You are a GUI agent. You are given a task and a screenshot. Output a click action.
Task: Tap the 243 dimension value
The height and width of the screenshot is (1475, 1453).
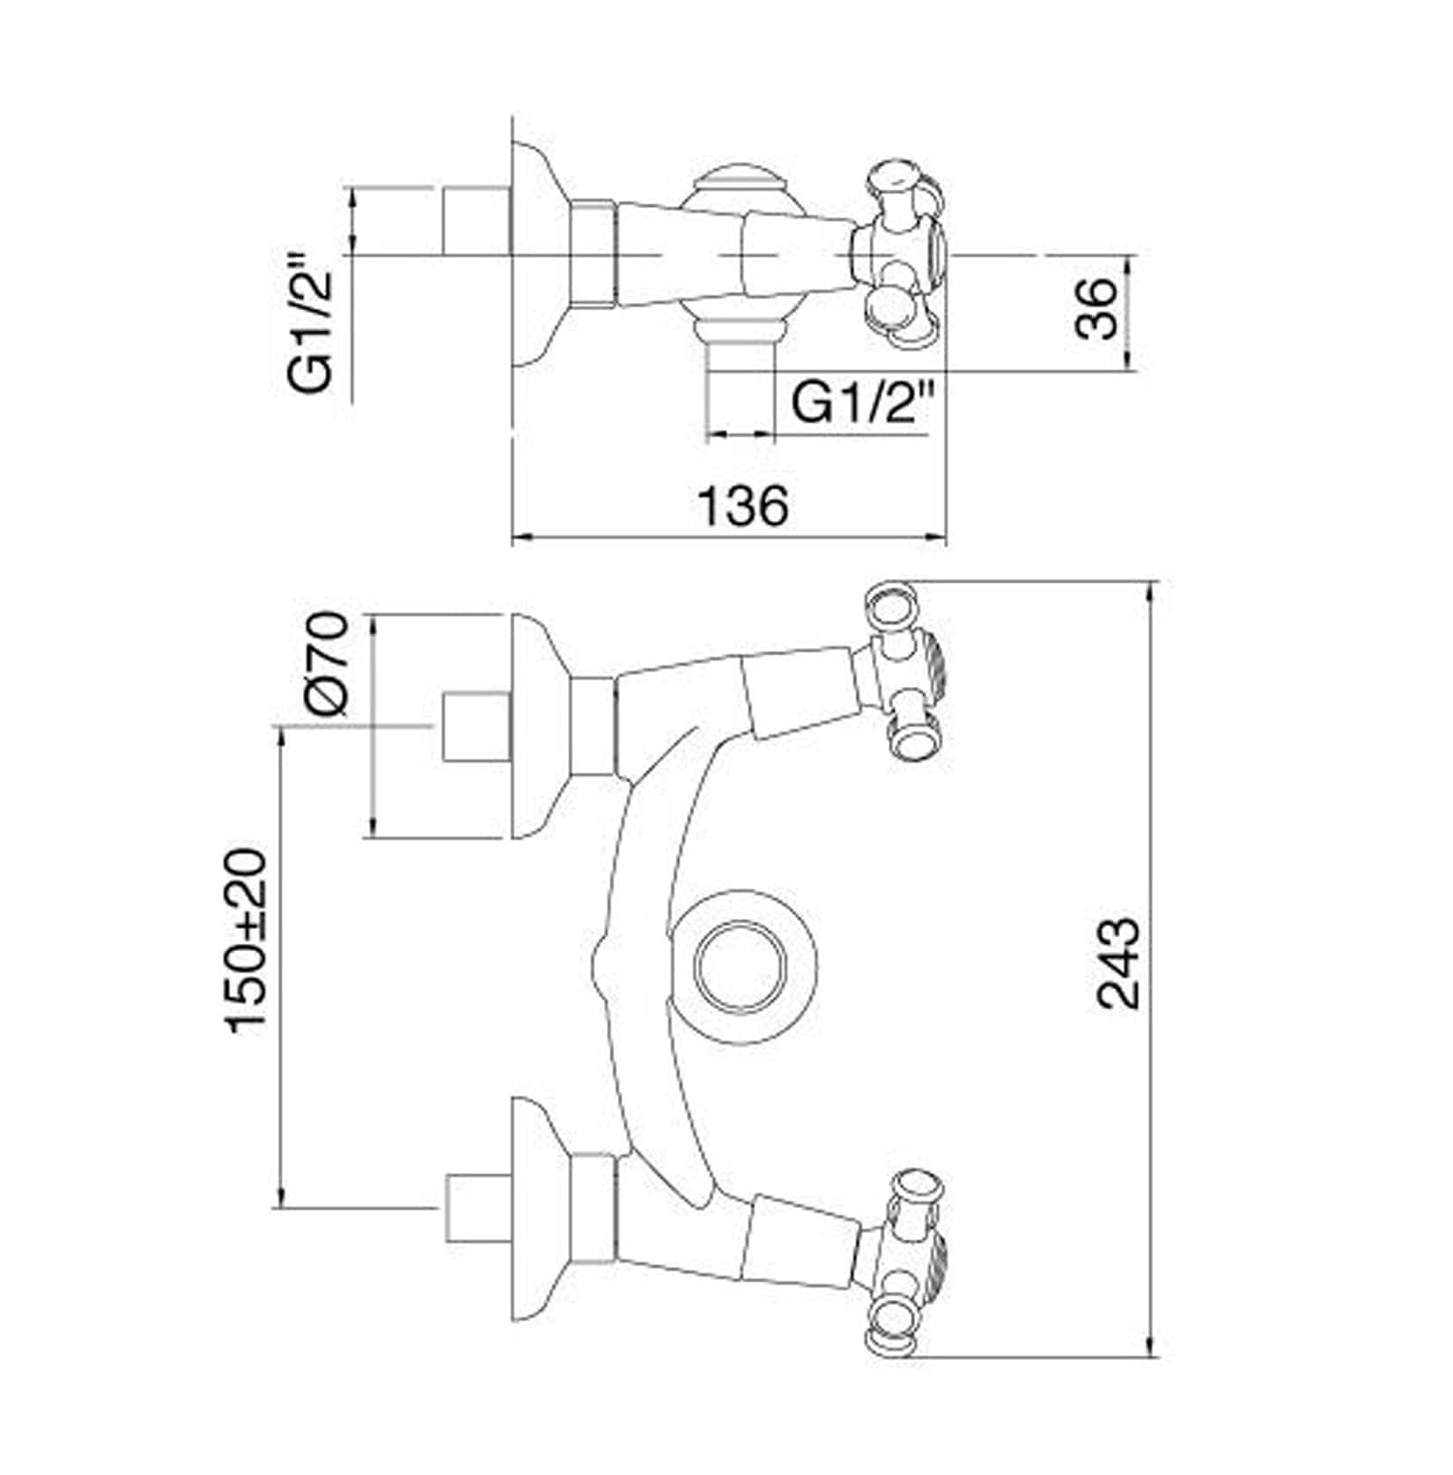coord(1118,962)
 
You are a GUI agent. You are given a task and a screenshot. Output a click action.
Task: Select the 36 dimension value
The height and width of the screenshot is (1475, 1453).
coord(1096,308)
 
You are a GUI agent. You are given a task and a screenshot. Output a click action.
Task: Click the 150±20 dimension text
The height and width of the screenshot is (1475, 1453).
coord(246,940)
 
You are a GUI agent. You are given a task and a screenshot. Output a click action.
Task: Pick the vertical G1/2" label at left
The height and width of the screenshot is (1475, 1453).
coord(312,322)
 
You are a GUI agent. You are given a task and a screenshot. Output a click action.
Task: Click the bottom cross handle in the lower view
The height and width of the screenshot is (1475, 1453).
coord(903,1262)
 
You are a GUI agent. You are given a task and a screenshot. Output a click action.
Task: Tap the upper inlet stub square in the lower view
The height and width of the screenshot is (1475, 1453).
coord(476,726)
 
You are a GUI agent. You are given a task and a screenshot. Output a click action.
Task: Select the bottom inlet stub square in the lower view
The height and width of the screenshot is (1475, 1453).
coord(477,1208)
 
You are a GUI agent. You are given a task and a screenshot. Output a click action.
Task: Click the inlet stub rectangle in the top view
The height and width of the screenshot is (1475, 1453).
coord(476,220)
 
